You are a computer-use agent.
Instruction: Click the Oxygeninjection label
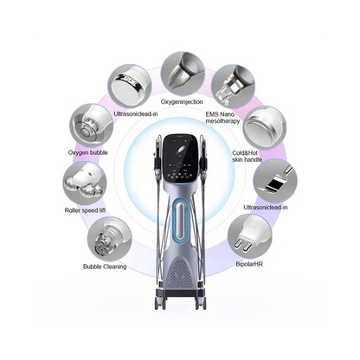pyautogui.click(x=182, y=102)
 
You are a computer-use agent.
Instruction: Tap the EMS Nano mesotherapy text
pyautogui.click(x=222, y=118)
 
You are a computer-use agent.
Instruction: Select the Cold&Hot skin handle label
pyautogui.click(x=247, y=156)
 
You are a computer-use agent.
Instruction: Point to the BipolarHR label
pyautogui.click(x=249, y=264)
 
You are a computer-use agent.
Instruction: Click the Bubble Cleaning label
pyautogui.click(x=105, y=267)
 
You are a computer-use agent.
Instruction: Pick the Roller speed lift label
pyautogui.click(x=85, y=210)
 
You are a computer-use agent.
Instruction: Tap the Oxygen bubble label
pyautogui.click(x=87, y=152)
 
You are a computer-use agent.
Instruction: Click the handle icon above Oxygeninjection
pyautogui.click(x=183, y=74)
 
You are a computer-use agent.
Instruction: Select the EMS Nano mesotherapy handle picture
pyautogui.click(x=233, y=87)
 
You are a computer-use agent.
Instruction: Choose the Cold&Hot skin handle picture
pyautogui.click(x=265, y=127)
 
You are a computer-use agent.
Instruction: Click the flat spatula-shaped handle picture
pyautogui.click(x=275, y=181)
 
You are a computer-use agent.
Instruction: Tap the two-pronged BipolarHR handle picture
pyautogui.click(x=249, y=236)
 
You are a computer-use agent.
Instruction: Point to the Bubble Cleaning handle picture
pyautogui.click(x=110, y=239)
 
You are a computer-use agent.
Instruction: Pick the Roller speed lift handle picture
pyautogui.click(x=85, y=183)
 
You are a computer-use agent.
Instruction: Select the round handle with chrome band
pyautogui.click(x=130, y=87)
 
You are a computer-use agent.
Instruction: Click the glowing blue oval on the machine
pyautogui.click(x=181, y=220)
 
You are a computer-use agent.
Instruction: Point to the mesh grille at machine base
pyautogui.click(x=180, y=273)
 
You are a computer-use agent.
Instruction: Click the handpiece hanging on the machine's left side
pyautogui.click(x=158, y=157)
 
